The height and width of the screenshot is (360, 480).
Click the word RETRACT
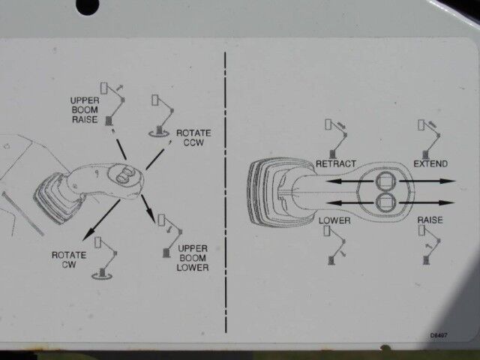tap(335, 163)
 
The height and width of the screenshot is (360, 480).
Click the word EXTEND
tap(430, 163)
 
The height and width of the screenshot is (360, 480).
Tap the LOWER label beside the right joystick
tap(334, 220)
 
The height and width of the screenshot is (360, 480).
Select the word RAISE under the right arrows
tap(430, 220)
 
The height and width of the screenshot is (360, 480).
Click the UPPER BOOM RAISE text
tap(84, 109)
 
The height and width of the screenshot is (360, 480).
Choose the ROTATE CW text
tap(69, 259)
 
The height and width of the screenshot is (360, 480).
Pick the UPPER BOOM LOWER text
tap(193, 257)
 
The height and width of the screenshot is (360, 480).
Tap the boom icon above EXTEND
tap(431, 135)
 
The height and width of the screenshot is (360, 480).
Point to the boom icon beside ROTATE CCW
tap(161, 115)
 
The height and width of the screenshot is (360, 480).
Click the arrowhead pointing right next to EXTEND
tap(448, 181)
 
